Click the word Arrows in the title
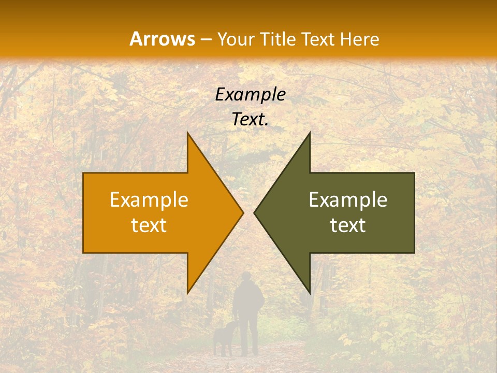click(162, 39)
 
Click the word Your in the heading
click(235, 39)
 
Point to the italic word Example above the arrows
click(250, 95)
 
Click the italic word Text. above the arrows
click(250, 120)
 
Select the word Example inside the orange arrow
click(149, 200)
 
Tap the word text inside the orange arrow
click(149, 225)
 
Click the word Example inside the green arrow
click(348, 200)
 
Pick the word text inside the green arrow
click(348, 225)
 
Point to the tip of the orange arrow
click(243, 212)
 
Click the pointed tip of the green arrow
click(254, 212)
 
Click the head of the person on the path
click(247, 278)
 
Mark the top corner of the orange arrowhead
click(188, 133)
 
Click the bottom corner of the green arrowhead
click(310, 293)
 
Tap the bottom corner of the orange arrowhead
click(188, 293)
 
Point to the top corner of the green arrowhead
click(310, 133)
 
